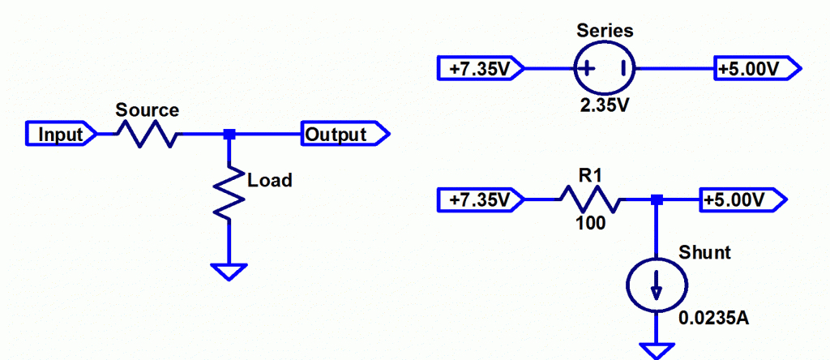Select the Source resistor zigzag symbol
click(x=148, y=134)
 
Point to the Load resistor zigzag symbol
click(x=229, y=191)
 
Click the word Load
click(x=269, y=180)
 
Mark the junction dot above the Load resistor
click(x=229, y=134)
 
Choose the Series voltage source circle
click(x=605, y=69)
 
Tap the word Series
click(x=605, y=32)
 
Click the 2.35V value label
click(x=605, y=105)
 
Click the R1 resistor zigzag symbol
click(x=589, y=199)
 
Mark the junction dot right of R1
click(x=657, y=199)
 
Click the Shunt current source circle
click(x=656, y=286)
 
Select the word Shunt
click(x=705, y=253)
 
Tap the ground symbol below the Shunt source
click(x=656, y=349)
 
